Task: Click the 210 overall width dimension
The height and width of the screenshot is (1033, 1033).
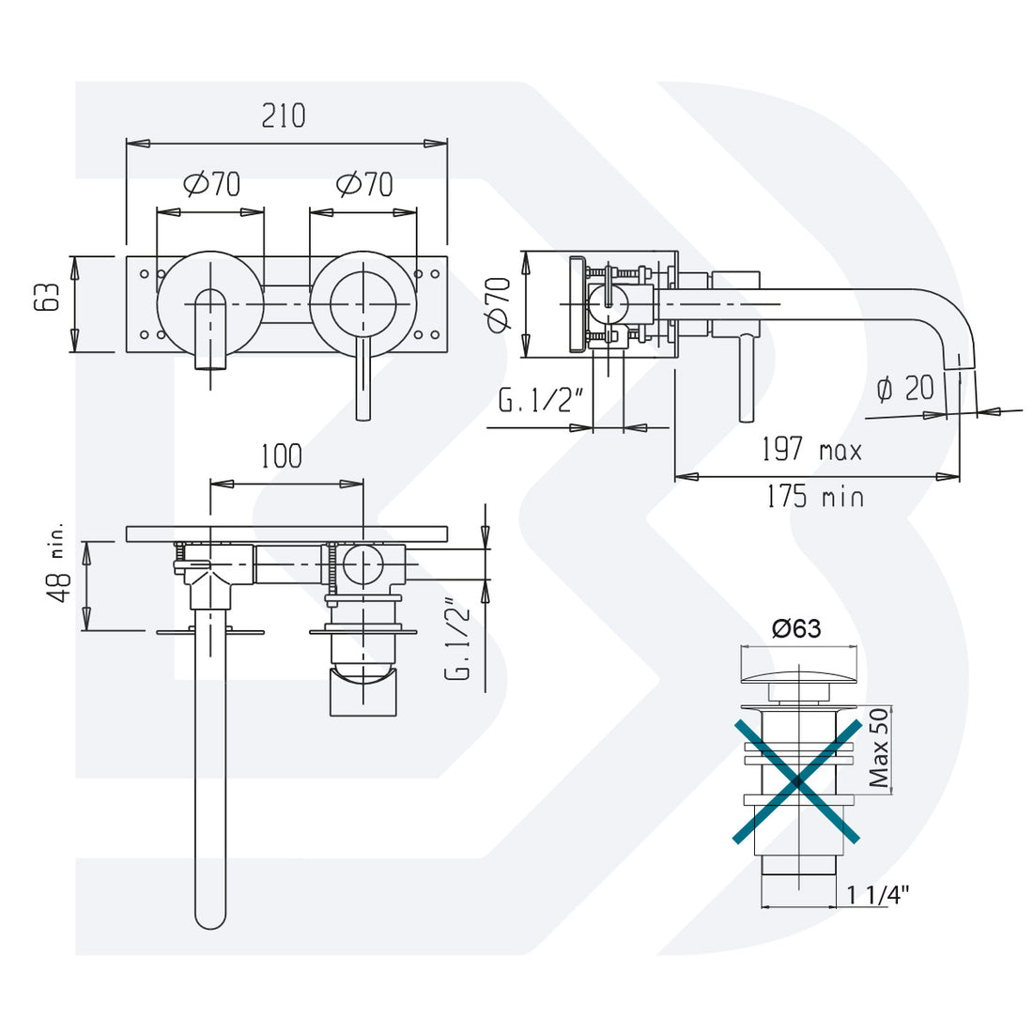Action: tap(284, 116)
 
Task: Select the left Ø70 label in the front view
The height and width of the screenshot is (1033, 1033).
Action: tap(212, 184)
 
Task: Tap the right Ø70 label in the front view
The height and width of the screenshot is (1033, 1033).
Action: tap(364, 184)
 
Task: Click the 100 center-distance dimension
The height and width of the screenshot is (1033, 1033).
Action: tap(281, 456)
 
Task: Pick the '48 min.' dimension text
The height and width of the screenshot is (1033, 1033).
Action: tap(57, 563)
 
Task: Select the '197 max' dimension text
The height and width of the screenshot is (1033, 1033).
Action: tap(811, 451)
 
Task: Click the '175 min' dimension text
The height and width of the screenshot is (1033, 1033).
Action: tap(814, 496)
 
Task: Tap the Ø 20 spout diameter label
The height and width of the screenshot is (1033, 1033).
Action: tap(905, 388)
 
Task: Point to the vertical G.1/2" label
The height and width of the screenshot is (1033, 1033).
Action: tap(457, 640)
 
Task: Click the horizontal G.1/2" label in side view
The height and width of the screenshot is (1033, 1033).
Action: tap(542, 402)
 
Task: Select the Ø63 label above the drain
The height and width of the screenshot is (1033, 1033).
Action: tap(796, 628)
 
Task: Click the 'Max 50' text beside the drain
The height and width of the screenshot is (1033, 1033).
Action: tap(879, 748)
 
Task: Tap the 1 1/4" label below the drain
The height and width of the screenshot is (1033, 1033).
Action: tap(879, 895)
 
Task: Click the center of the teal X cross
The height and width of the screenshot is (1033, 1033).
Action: tap(796, 779)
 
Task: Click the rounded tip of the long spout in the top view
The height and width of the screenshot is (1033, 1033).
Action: tap(210, 917)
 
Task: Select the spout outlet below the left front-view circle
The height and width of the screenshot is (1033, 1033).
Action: tap(210, 362)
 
